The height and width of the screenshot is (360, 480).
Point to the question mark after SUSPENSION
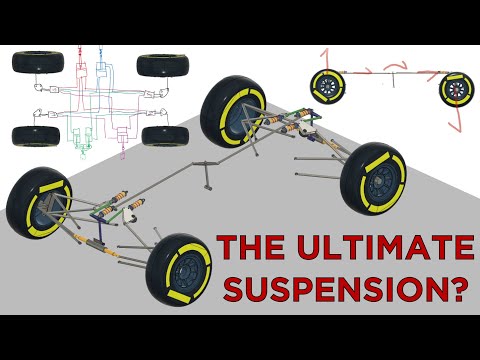[458, 287]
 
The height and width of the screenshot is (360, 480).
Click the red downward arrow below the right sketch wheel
[457, 123]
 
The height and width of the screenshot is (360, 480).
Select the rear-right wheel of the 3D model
[373, 177]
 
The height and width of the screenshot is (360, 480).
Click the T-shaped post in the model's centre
[207, 181]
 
